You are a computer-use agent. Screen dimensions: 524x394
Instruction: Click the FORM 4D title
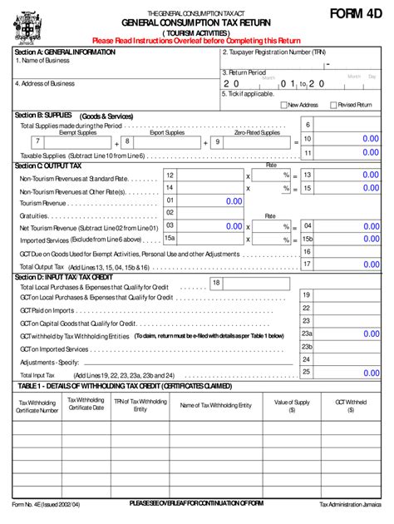coord(352,14)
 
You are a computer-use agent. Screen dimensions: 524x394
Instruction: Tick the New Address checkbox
coord(283,105)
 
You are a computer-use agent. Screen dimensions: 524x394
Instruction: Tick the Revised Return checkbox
coord(333,105)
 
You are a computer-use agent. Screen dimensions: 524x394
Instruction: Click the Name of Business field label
coord(42,61)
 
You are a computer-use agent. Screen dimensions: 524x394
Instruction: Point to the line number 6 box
coord(308,125)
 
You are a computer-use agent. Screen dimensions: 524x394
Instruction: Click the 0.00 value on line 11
coord(364,153)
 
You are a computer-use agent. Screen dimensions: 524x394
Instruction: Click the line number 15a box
coord(170,238)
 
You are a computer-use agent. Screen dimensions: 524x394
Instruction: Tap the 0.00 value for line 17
coord(364,264)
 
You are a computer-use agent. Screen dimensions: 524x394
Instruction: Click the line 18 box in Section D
coord(216,283)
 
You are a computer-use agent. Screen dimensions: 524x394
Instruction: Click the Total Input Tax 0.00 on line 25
coord(364,372)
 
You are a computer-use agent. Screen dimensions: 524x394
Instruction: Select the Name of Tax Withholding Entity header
coord(215,405)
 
